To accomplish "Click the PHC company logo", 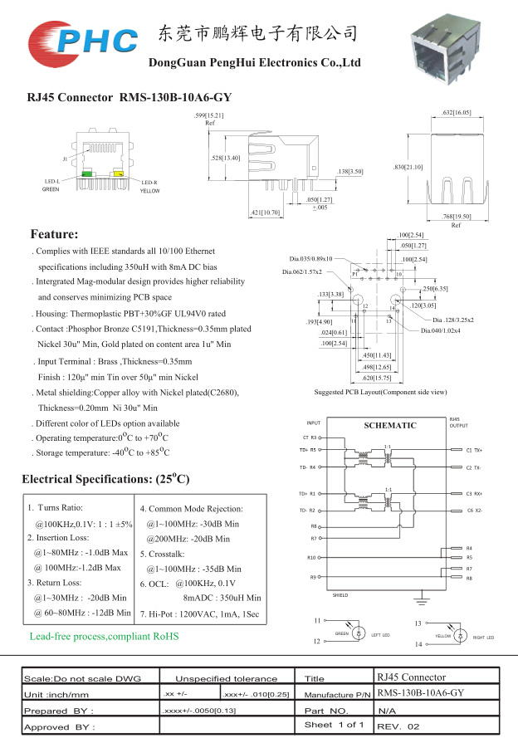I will tap(81, 38).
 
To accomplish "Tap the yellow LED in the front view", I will tap(119, 174).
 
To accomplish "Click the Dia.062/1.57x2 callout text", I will tap(301, 271).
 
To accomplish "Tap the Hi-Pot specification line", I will tap(199, 613).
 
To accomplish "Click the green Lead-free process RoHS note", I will tap(104, 636).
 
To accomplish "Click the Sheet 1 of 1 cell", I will tap(335, 725).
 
